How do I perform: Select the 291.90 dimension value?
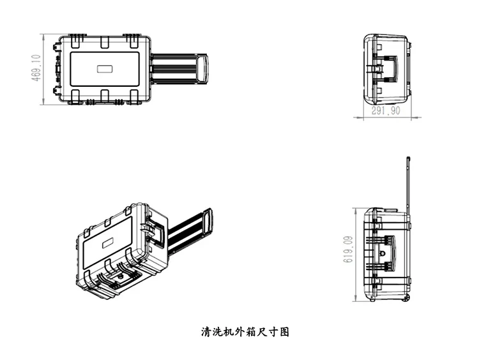click(x=386, y=110)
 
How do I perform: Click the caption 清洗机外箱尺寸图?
click(x=246, y=333)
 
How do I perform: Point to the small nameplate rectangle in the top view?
click(x=104, y=69)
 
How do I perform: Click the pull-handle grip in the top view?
click(x=204, y=69)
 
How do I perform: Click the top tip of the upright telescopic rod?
click(x=408, y=157)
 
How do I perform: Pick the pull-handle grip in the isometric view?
click(x=208, y=221)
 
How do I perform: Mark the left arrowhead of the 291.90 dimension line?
click(x=365, y=117)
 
